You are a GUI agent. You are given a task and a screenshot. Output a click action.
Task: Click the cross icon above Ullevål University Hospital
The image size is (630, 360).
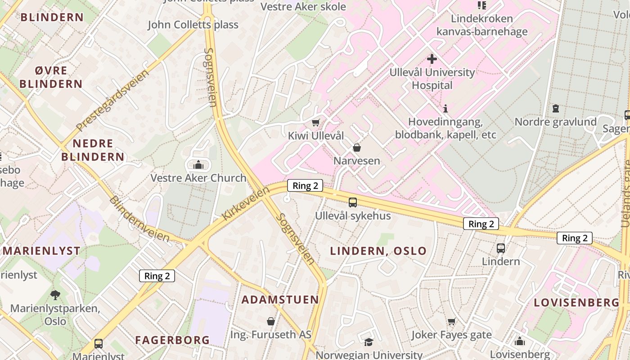[432, 59]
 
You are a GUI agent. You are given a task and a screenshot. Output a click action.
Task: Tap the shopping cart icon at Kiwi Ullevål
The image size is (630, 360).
[316, 122]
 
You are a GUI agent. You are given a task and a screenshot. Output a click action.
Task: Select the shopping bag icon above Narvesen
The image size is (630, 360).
[357, 148]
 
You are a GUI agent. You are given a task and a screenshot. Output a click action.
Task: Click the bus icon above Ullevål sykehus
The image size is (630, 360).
[353, 202]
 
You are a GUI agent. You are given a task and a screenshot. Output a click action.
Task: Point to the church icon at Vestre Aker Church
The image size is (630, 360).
[198, 165]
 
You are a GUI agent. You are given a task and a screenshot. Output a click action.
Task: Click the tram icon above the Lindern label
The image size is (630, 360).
[500, 248]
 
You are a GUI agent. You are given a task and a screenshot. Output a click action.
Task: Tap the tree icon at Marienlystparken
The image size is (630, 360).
[55, 295]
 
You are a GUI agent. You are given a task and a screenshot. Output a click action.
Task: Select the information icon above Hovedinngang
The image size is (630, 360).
[445, 108]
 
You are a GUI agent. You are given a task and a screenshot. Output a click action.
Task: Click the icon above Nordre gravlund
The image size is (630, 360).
[556, 108]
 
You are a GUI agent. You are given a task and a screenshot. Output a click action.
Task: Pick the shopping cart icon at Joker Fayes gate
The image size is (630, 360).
[452, 321]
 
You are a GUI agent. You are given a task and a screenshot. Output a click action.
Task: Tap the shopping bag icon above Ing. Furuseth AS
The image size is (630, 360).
[271, 321]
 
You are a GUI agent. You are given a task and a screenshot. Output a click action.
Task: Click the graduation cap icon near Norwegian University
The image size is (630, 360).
[369, 342]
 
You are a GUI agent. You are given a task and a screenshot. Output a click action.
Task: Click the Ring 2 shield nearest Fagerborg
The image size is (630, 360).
[157, 276]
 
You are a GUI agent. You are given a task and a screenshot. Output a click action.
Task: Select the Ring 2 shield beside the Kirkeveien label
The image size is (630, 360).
[305, 185]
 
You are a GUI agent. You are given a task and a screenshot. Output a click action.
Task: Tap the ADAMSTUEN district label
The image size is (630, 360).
[280, 300]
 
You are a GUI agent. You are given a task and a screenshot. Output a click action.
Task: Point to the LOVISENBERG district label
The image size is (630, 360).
[576, 303]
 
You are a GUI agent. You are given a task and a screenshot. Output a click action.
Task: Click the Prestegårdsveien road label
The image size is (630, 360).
[112, 100]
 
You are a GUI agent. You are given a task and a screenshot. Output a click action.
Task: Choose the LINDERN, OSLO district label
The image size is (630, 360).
[378, 251]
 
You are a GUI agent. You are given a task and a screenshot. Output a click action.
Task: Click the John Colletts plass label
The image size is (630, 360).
[193, 24]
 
